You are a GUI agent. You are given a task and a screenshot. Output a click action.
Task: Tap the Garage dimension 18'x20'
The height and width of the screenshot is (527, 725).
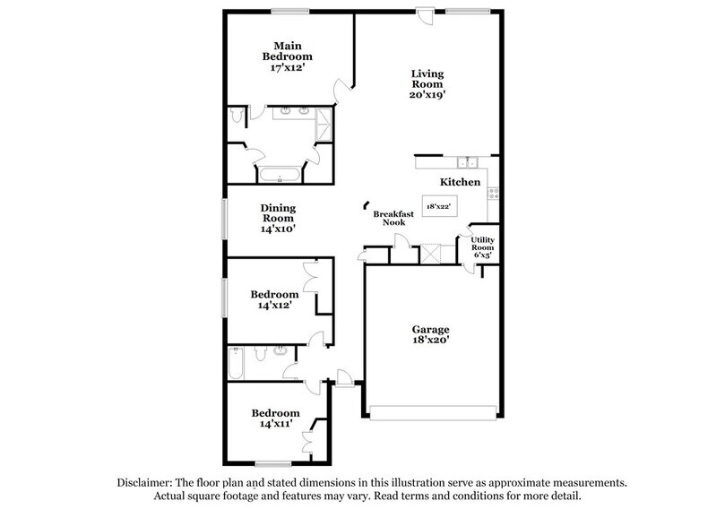tap(431, 341)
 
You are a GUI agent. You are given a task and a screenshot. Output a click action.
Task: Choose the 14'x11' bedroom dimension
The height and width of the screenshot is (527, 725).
tap(274, 425)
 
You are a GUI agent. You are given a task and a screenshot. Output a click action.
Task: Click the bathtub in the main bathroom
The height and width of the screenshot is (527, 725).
tap(280, 175)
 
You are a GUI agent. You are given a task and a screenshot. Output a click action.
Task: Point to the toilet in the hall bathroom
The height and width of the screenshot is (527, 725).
tap(259, 355)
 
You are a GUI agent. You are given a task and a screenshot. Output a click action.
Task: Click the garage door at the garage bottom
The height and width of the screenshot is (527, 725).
tap(432, 413)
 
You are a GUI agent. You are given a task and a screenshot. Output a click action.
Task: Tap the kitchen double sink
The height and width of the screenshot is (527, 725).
tap(465, 162)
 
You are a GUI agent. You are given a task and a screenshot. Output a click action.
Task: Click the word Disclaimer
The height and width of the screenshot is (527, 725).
tap(147, 482)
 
